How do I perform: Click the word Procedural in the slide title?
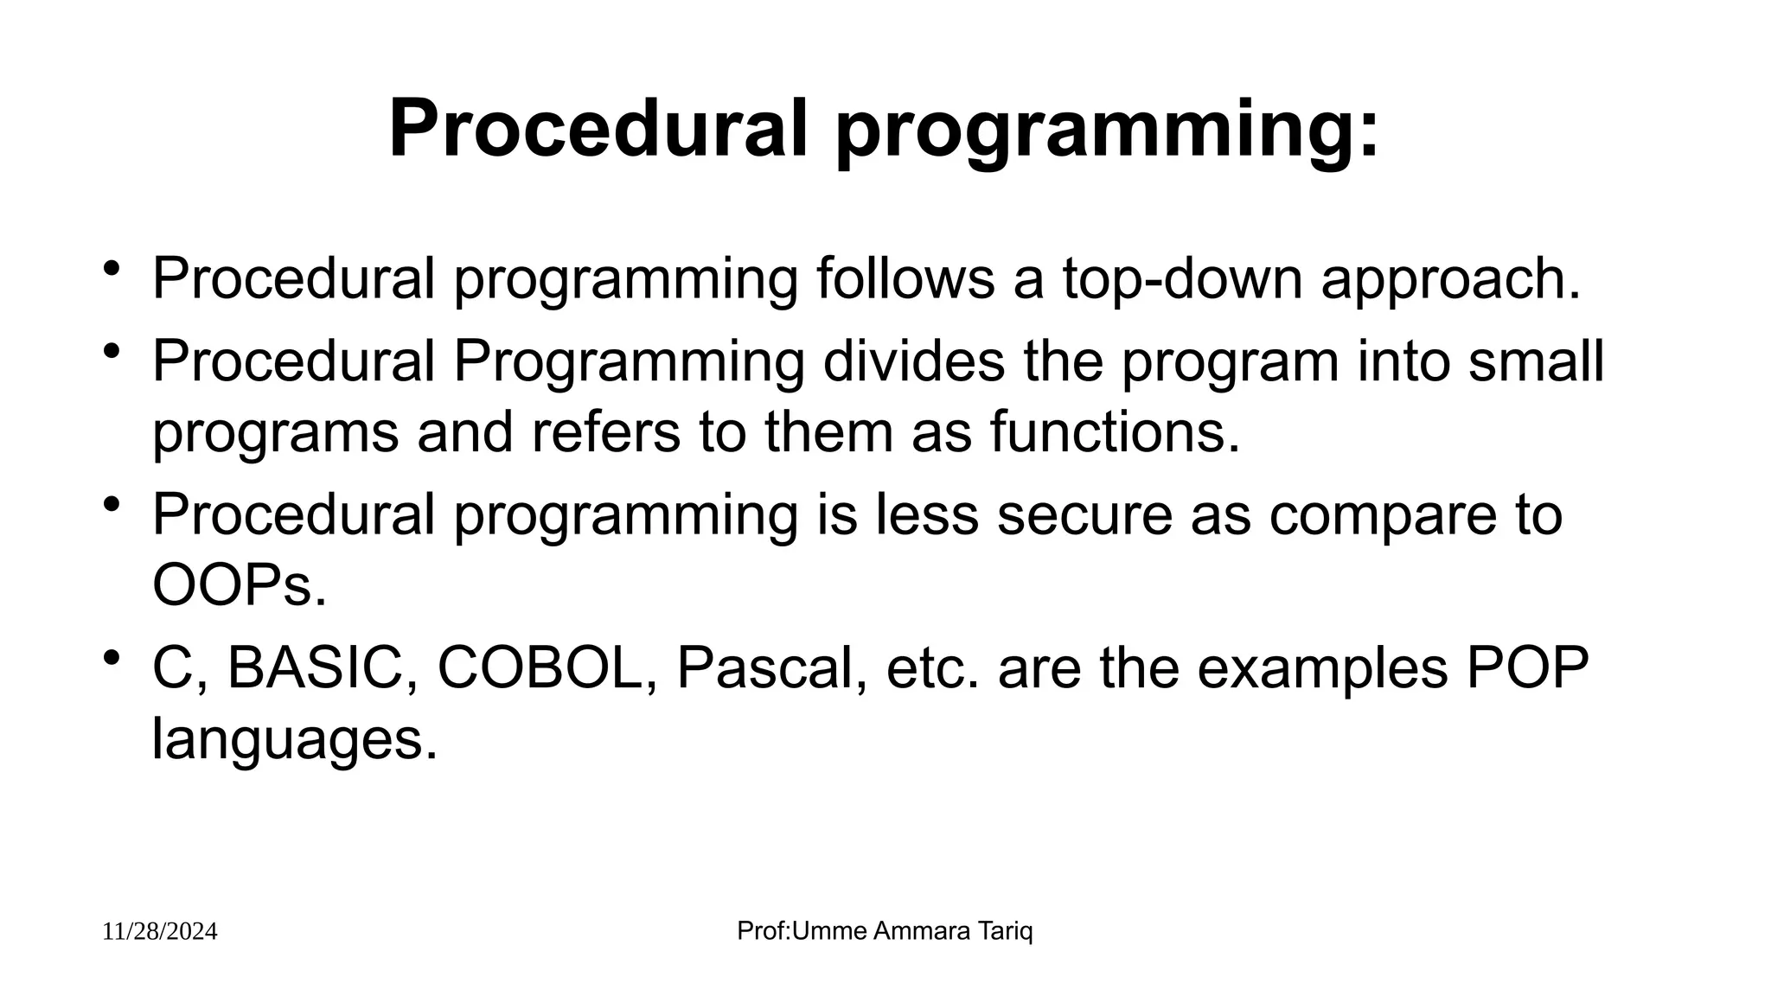click(598, 130)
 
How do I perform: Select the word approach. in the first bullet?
click(1450, 278)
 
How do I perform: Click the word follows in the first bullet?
click(905, 278)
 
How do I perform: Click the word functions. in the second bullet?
click(1115, 431)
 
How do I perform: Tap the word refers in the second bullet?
click(605, 431)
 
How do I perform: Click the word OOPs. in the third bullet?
click(240, 585)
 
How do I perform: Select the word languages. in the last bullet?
click(294, 740)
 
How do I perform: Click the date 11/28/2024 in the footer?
click(160, 932)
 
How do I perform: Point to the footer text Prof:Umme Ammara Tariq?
click(885, 931)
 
